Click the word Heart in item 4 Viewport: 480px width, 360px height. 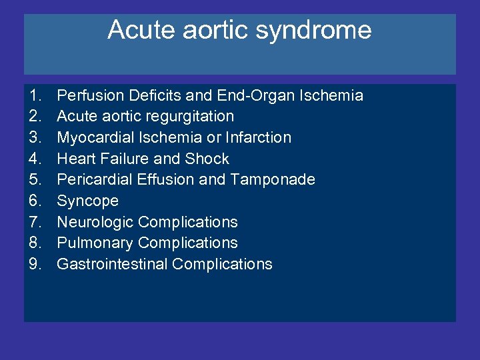pyautogui.click(x=74, y=159)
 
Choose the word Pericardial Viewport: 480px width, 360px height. pyautogui.click(x=91, y=180)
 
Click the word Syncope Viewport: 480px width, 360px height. pyautogui.click(x=87, y=201)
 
